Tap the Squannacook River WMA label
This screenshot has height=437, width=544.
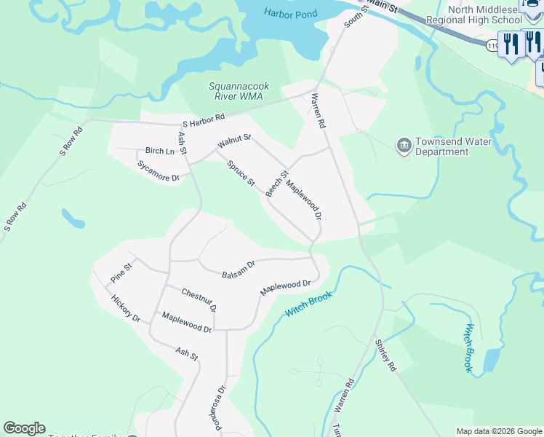[236, 91]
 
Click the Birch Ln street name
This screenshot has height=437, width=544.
[159, 151]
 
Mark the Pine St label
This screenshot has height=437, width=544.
[121, 273]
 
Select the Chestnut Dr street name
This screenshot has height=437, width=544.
[199, 299]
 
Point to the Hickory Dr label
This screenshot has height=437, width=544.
[126, 308]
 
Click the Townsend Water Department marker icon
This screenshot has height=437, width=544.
[404, 146]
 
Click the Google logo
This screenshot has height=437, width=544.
[24, 428]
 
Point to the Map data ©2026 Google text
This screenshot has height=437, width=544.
[498, 431]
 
